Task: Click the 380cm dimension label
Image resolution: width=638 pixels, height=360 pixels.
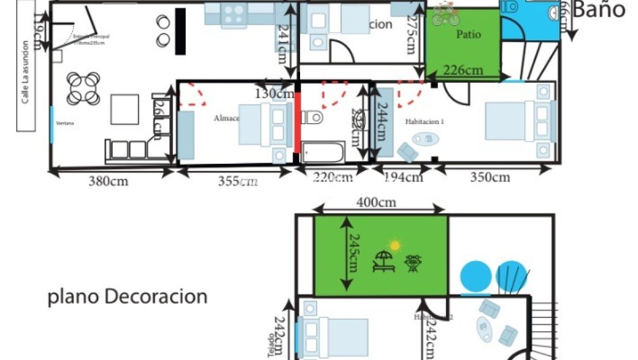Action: point(108,182)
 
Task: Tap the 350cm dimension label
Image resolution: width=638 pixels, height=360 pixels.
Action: point(490,178)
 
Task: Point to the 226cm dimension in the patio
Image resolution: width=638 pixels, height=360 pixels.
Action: point(463,71)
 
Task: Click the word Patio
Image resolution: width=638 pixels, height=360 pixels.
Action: point(468,35)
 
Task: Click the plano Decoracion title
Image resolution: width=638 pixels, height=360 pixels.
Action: point(127,297)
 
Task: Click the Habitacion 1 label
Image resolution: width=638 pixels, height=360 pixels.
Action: point(425,122)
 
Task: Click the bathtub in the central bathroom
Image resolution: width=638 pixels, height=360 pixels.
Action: point(323,152)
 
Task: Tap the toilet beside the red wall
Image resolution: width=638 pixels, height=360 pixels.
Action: point(312,118)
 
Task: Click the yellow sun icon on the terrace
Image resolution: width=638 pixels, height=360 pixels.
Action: point(395,246)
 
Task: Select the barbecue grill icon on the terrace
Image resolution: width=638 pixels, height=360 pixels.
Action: point(412,263)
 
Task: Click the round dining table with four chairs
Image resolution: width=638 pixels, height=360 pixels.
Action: point(83,88)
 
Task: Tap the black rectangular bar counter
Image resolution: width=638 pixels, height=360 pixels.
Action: point(180,31)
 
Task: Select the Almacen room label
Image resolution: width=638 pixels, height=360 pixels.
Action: point(226,118)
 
